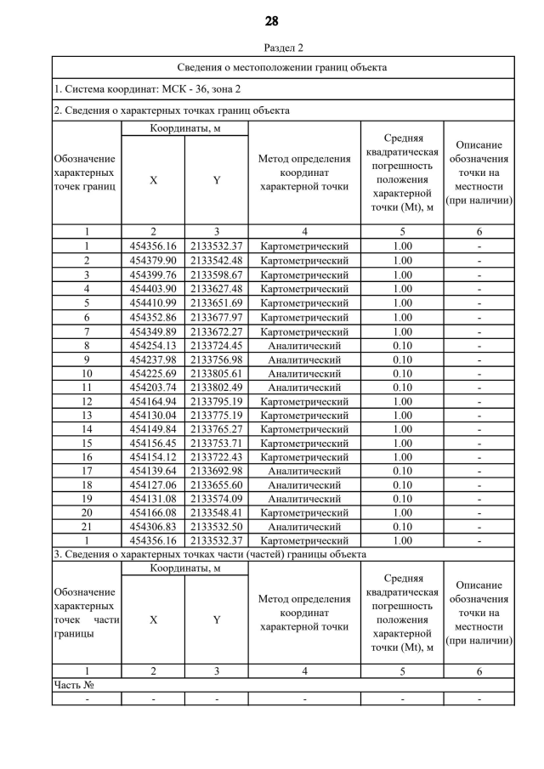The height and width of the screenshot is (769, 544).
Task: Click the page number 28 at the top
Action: pyautogui.click(x=271, y=20)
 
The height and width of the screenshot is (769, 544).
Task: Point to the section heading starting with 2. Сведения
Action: pyautogui.click(x=172, y=110)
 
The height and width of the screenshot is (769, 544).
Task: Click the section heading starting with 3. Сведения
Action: pyautogui.click(x=209, y=554)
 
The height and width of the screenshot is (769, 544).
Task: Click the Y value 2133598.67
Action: pyautogui.click(x=216, y=275)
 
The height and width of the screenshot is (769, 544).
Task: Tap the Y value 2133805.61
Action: pyautogui.click(x=216, y=374)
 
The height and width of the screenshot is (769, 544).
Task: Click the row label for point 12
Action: pyautogui.click(x=86, y=402)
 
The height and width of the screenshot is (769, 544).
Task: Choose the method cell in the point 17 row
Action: pyautogui.click(x=304, y=471)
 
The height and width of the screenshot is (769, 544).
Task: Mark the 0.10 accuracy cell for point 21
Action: pyautogui.click(x=402, y=527)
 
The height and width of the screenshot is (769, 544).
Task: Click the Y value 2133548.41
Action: pyautogui.click(x=216, y=512)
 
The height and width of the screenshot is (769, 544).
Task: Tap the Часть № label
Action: pyautogui.click(x=73, y=685)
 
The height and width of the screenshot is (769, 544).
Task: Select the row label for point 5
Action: pyautogui.click(x=86, y=303)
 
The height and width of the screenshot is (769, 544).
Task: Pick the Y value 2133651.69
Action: pyautogui.click(x=216, y=303)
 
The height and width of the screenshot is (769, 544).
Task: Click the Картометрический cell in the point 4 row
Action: pyautogui.click(x=304, y=289)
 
